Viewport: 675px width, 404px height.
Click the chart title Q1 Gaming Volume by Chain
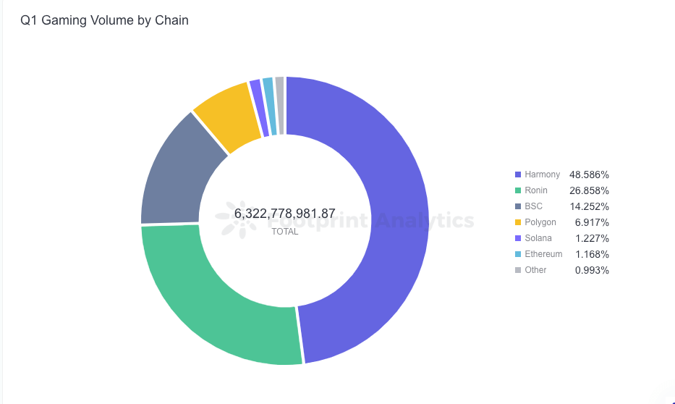click(x=104, y=20)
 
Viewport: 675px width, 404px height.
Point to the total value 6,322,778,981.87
click(x=284, y=214)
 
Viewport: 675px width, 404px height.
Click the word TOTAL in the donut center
click(x=284, y=232)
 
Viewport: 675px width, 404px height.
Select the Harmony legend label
click(x=543, y=174)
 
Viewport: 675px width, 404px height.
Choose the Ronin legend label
click(x=536, y=190)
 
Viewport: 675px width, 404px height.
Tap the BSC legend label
click(x=534, y=206)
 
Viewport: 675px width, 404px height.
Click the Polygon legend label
click(x=540, y=222)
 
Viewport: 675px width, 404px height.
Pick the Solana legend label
click(x=538, y=238)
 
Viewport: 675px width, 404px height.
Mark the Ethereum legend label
click(x=543, y=254)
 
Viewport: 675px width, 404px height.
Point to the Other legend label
click(x=535, y=270)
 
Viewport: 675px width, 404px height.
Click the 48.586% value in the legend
click(x=589, y=174)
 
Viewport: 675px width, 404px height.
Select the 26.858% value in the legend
click(x=589, y=190)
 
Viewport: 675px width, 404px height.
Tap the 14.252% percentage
click(x=589, y=206)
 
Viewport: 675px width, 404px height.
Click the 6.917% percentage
click(x=592, y=222)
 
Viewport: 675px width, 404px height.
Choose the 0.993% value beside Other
click(x=592, y=270)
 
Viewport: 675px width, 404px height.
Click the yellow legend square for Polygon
click(x=517, y=222)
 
